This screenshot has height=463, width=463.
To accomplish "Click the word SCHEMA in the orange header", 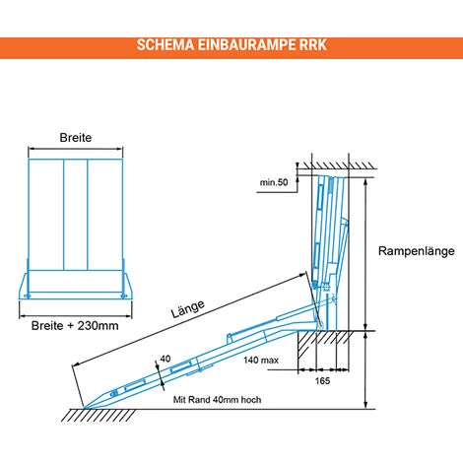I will (165, 45).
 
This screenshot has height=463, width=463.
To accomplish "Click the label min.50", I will (274, 183).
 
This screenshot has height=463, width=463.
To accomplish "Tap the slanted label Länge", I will (187, 315).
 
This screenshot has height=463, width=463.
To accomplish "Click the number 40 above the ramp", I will (164, 359).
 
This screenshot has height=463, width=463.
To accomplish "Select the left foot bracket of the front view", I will (26, 287).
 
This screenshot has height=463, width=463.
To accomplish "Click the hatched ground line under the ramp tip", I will (94, 413).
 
